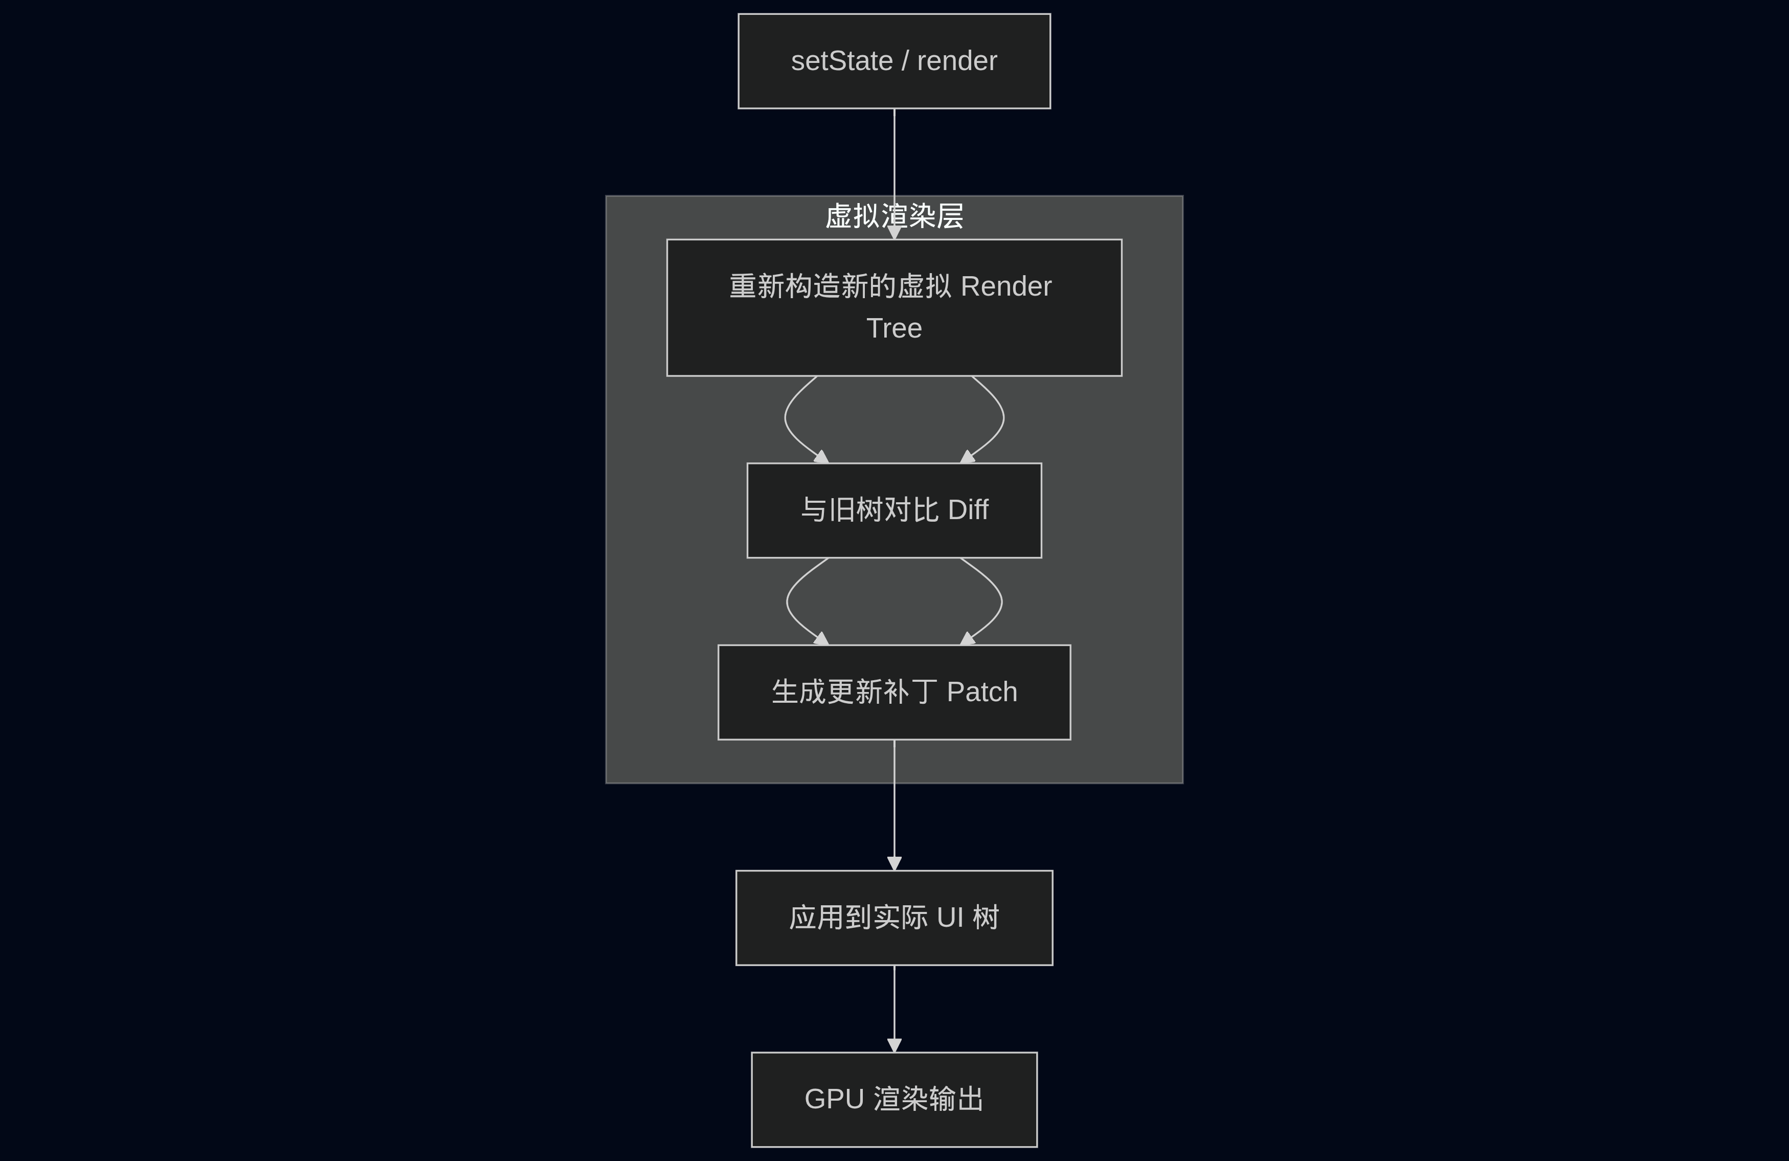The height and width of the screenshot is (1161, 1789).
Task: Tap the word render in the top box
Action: coord(957,61)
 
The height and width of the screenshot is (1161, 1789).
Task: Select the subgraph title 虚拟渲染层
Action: coord(894,216)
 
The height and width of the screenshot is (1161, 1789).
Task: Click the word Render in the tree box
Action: coord(1006,286)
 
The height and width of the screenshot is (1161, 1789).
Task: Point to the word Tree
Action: coord(894,328)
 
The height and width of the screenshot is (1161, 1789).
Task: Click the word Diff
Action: coord(968,510)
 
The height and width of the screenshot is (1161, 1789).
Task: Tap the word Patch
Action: coord(981,692)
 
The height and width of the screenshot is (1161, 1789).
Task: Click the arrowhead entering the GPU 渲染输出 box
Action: coord(894,1045)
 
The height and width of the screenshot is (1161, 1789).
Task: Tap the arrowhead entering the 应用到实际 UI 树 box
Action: coord(894,863)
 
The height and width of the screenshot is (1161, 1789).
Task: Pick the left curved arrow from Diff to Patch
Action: coord(787,601)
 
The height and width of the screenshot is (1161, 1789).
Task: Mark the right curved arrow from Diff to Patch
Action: coord(1001,601)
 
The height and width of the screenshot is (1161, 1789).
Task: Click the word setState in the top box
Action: coord(841,61)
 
